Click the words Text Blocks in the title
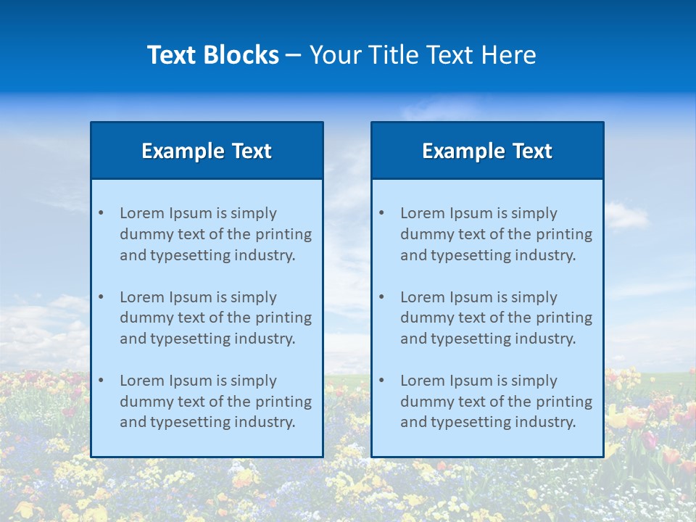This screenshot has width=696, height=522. pos(212,55)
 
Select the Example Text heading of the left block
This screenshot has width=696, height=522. pos(207,151)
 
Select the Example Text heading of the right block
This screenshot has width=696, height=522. pos(487,151)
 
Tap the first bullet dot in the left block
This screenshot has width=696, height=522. pos(101,213)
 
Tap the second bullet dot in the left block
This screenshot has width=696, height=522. pos(101,297)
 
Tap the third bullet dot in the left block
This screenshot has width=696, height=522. pos(101,381)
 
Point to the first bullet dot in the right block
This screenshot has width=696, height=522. pos(381,213)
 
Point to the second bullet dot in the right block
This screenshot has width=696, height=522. pos(381,297)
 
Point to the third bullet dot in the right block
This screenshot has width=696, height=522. pos(381,381)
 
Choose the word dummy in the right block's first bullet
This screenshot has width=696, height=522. pos(424,234)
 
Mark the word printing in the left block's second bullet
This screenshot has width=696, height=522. pos(284,318)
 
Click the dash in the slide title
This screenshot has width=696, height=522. pos(294,56)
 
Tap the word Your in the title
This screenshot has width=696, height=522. pos(333,55)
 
